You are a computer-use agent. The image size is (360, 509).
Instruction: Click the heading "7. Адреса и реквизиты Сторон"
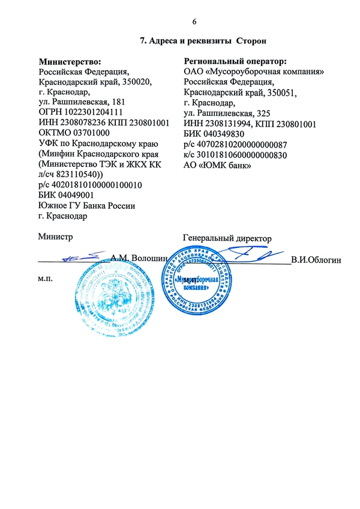[202, 41]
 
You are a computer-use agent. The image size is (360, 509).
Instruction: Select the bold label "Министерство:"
[69, 61]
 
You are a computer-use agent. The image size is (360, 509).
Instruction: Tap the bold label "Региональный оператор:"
[235, 61]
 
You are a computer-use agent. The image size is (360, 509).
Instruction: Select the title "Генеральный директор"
[227, 238]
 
